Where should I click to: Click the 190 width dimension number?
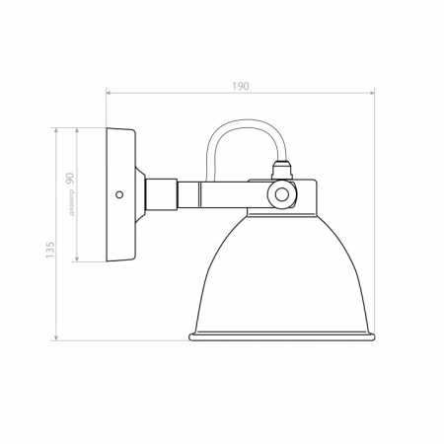[240, 86]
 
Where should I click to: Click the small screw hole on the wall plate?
[119, 194]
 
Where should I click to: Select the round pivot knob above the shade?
[283, 195]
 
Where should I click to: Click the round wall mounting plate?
[121, 194]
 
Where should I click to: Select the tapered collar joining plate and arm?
[150, 194]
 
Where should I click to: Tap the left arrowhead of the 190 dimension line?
[109, 95]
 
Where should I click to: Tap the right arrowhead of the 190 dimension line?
[374, 95]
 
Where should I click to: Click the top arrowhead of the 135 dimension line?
[60, 129]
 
